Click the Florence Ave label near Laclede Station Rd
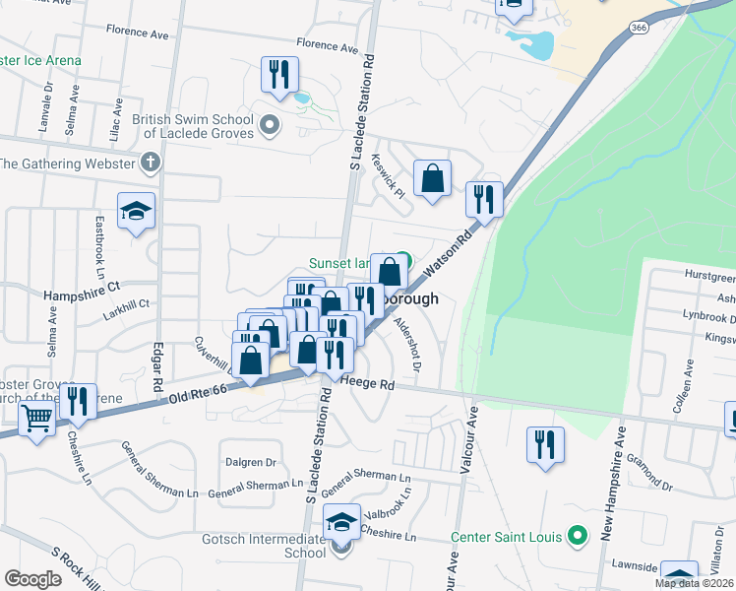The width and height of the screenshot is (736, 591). point(328,46)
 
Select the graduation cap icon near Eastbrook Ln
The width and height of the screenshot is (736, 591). point(136,211)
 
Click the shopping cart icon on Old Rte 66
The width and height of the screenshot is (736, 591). point(37,419)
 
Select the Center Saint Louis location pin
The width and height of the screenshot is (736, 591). point(578,537)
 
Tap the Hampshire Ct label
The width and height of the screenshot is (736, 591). point(81,294)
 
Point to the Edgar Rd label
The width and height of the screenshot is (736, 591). point(157,367)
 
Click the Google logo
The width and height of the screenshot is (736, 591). point(32,579)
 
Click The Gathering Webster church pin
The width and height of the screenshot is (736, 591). point(150,163)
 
